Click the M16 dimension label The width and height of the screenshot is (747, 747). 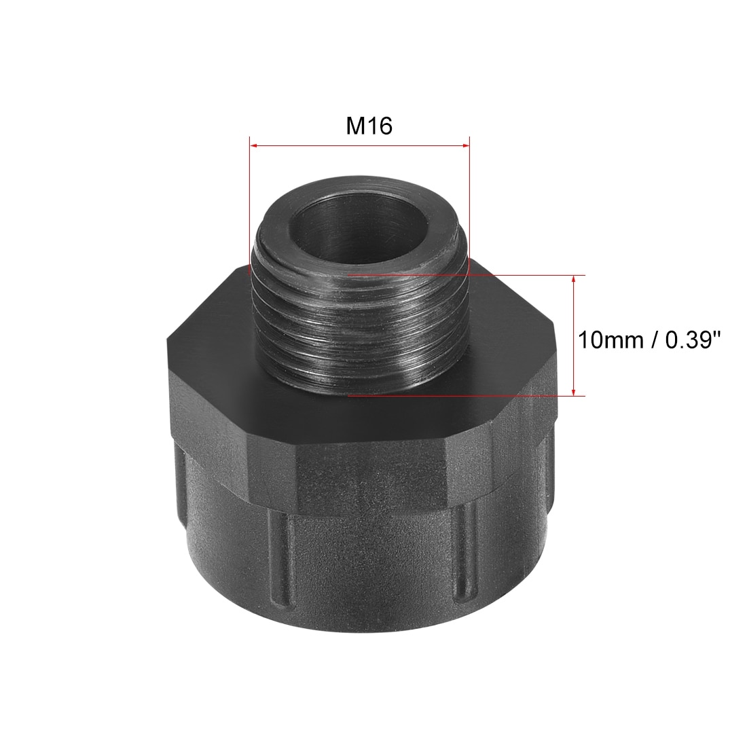(x=369, y=126)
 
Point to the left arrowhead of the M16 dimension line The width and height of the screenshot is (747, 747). (x=254, y=145)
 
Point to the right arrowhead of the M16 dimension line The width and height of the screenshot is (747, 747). (x=465, y=145)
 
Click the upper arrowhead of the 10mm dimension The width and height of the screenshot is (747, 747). (x=574, y=280)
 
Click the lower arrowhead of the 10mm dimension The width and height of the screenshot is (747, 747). (x=574, y=390)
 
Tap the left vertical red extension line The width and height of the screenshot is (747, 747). (x=250, y=205)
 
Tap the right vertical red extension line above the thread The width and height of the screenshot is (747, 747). (x=470, y=206)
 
